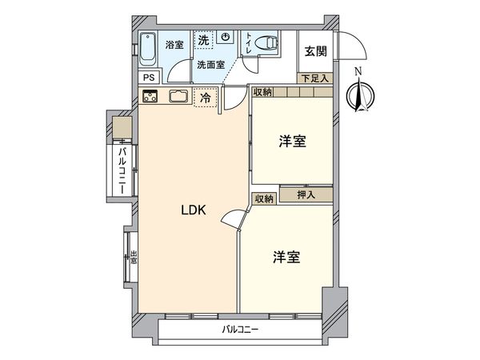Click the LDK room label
click(x=194, y=211)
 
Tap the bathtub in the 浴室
click(x=150, y=50)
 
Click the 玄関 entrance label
click(x=314, y=51)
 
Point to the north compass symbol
click(x=358, y=94)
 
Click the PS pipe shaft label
click(x=150, y=78)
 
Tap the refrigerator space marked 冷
click(x=205, y=99)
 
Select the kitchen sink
click(x=178, y=98)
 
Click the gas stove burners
click(x=150, y=98)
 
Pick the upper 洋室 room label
click(x=292, y=142)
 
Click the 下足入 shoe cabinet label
click(x=314, y=78)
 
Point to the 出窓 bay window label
click(x=134, y=257)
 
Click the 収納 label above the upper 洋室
click(x=263, y=92)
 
